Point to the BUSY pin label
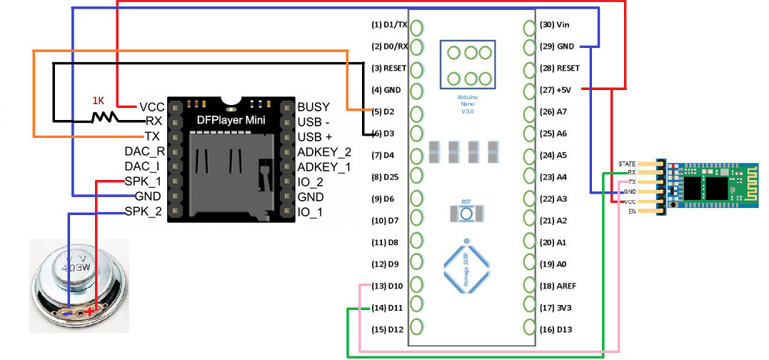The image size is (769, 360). [x=313, y=106]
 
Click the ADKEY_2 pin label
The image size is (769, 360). [x=324, y=151]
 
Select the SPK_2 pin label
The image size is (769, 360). [x=144, y=211]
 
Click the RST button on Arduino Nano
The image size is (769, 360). [x=466, y=212]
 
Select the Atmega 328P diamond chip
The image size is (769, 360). [x=466, y=267]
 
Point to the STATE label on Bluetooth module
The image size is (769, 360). [x=627, y=164]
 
